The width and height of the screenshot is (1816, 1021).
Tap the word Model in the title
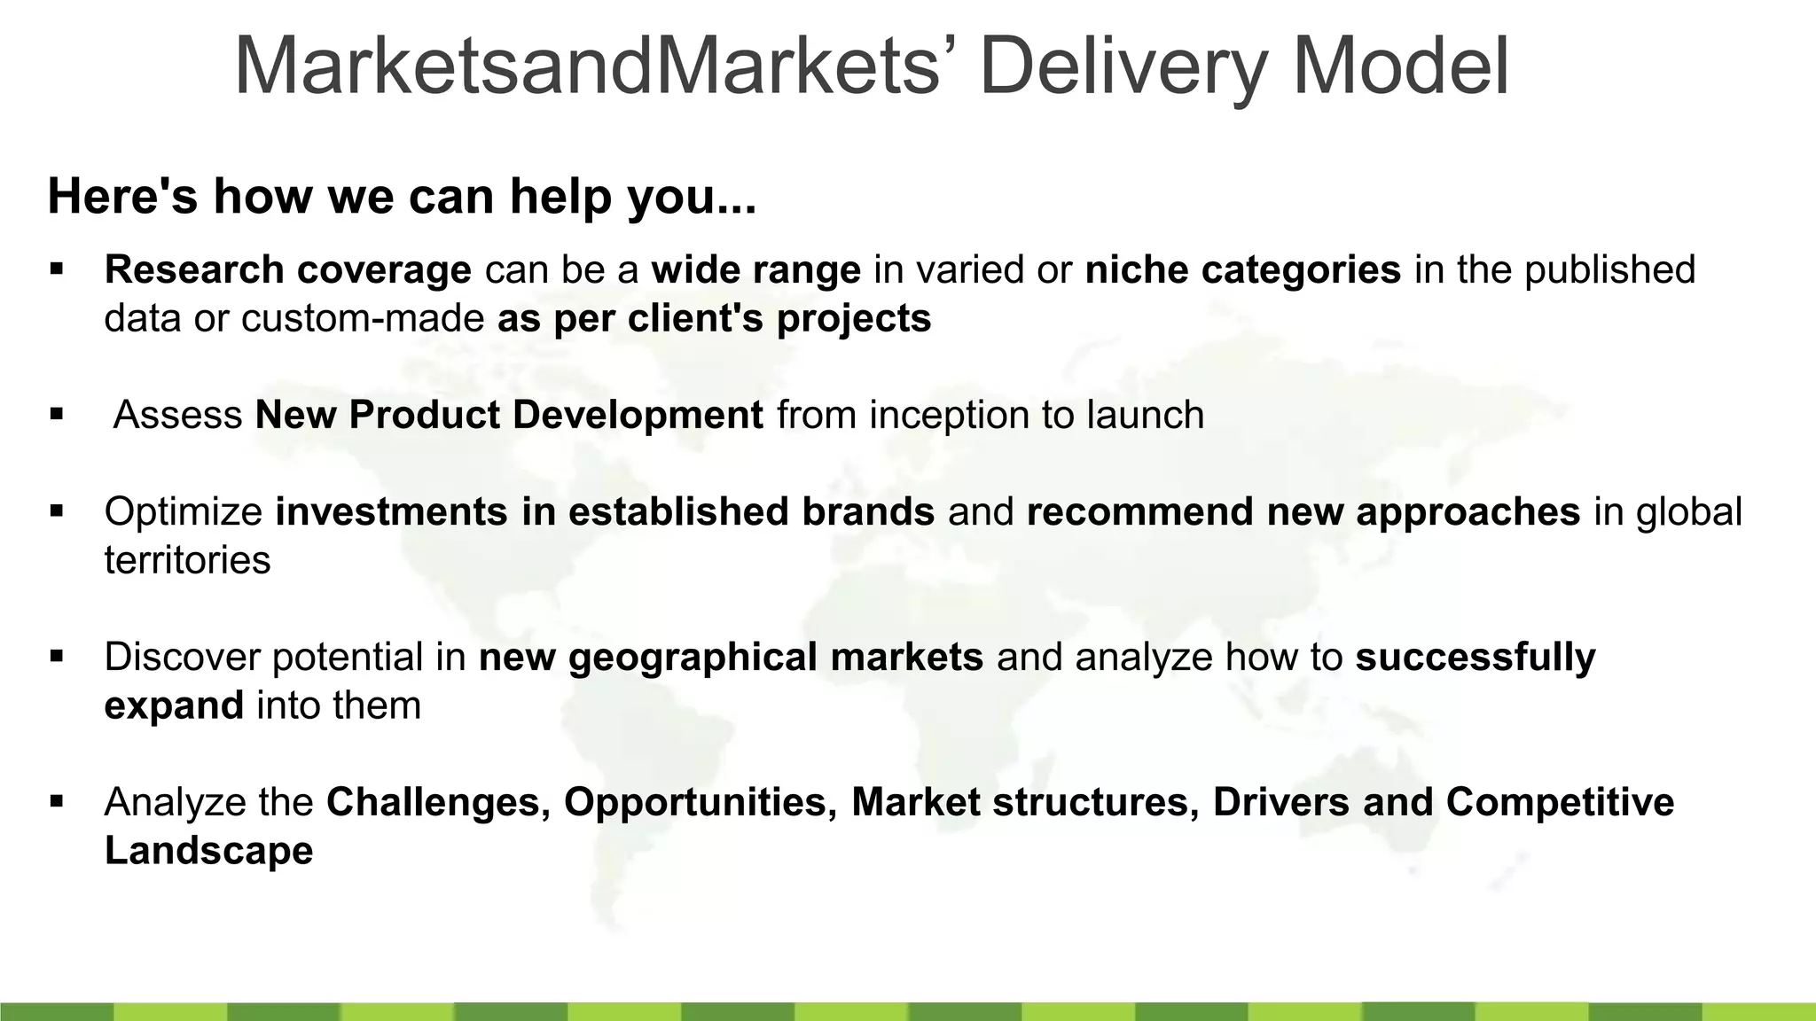[1400, 66]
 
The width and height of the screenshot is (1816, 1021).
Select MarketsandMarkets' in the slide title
[587, 66]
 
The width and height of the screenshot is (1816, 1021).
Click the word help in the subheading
[563, 196]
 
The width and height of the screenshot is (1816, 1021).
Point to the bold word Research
[193, 269]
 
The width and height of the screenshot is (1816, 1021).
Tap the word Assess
[178, 415]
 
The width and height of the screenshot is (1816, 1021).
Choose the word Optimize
[183, 512]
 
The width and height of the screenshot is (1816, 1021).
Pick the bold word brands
[868, 512]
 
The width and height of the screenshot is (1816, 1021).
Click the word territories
[187, 560]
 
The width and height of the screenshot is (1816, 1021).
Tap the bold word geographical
[693, 658]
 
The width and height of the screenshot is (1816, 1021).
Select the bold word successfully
[1475, 658]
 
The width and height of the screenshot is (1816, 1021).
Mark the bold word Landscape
[208, 851]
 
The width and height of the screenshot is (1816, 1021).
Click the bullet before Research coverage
[58, 268]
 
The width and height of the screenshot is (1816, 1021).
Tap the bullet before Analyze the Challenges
[58, 801]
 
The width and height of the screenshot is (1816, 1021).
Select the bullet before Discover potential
[58, 656]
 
